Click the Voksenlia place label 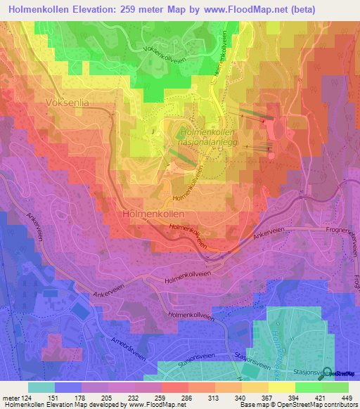tap(68, 102)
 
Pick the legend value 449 tap(335, 397)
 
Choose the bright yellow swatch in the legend tap(281, 387)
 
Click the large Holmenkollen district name tap(153, 213)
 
